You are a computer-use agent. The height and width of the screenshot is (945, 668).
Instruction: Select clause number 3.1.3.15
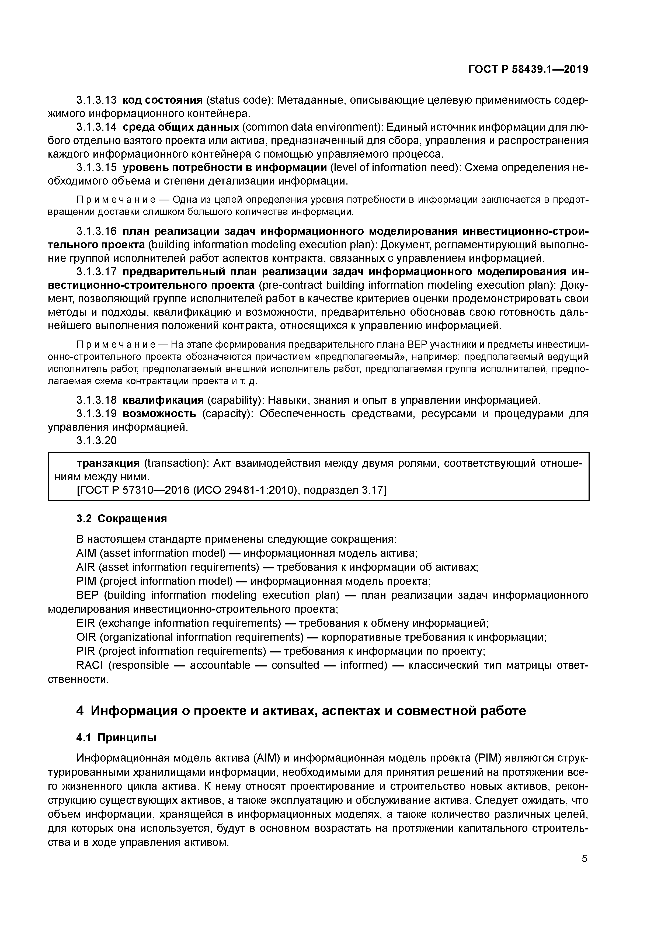[x=96, y=168]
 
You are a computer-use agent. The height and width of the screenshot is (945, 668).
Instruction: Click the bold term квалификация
[x=163, y=400]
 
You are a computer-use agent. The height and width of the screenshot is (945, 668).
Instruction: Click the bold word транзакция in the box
[x=108, y=463]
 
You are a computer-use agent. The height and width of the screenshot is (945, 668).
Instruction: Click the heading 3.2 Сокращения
[x=121, y=519]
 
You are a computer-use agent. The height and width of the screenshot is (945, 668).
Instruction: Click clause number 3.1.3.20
[x=96, y=441]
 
